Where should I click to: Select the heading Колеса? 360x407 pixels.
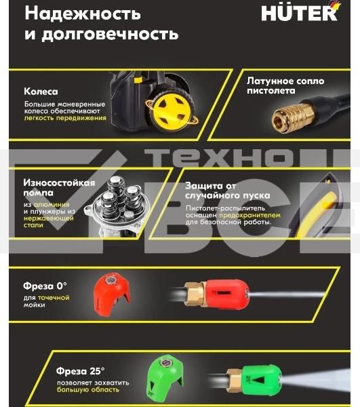41,91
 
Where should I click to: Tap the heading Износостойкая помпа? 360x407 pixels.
59,188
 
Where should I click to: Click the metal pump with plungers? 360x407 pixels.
122,206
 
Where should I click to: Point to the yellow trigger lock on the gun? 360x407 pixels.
330,203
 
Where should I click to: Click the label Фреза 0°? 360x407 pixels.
45,286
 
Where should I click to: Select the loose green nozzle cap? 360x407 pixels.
164,378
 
